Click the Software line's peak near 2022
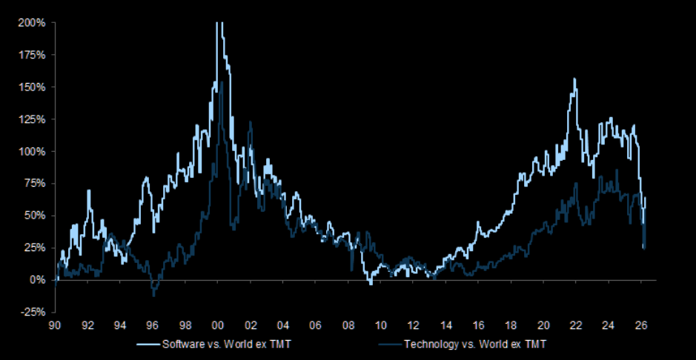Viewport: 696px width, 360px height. point(574,79)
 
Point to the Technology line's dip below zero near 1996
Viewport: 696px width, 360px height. point(153,295)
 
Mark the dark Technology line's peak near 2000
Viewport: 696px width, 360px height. point(222,82)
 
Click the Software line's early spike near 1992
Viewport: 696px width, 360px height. point(89,191)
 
